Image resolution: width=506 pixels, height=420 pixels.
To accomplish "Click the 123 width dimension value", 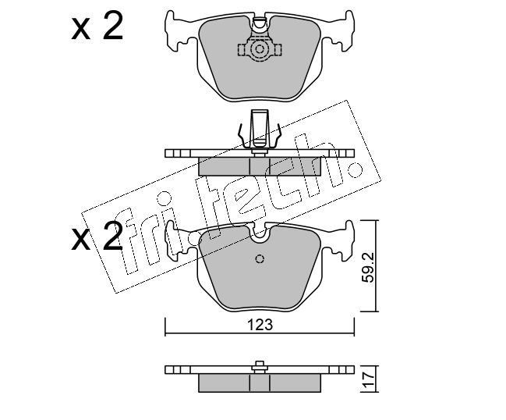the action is point(260,325).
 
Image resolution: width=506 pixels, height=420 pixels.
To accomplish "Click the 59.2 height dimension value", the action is point(367,267).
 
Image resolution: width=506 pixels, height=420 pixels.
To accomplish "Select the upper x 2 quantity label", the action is point(97,25).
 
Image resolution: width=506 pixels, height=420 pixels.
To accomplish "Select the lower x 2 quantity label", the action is point(97,236).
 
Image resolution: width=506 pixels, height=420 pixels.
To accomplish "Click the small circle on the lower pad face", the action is point(260,258).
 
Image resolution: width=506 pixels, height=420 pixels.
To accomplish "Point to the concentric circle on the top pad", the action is point(260,50).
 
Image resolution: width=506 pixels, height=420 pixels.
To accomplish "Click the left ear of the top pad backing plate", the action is point(178,31).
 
